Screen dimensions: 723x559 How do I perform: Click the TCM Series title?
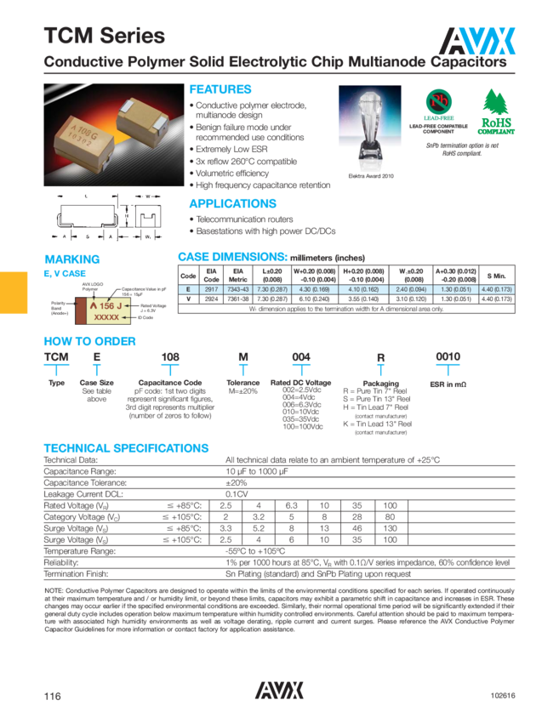[x=105, y=36]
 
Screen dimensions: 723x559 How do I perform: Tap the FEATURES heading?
[x=220, y=89]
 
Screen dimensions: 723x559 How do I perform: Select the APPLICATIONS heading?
[x=232, y=203]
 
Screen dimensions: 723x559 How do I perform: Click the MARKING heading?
[x=71, y=259]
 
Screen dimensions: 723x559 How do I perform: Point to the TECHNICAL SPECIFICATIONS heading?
[x=126, y=448]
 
